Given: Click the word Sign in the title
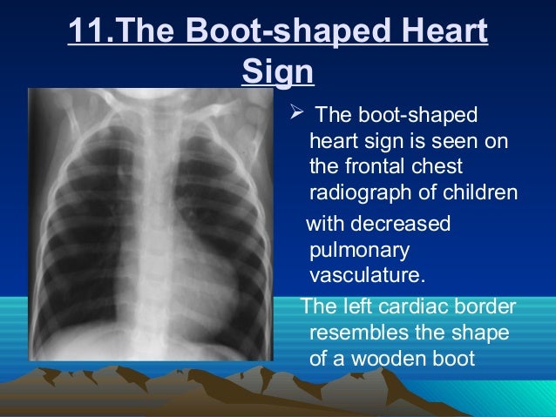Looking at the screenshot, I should click(276, 71).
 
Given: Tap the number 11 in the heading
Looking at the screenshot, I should click(85, 31).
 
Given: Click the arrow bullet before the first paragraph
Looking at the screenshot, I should click(296, 115).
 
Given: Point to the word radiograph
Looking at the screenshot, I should click(357, 192).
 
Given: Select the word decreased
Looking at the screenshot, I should click(402, 224).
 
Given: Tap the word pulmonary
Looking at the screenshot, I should click(353, 250).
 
